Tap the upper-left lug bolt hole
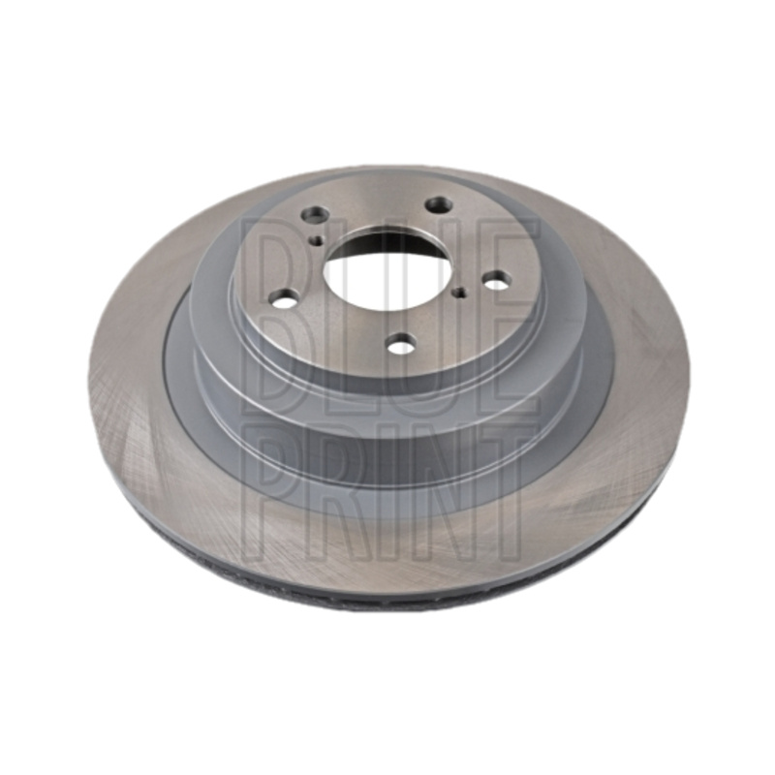click(316, 215)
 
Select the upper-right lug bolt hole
click(440, 204)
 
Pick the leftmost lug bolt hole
click(282, 301)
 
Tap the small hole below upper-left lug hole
click(317, 240)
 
